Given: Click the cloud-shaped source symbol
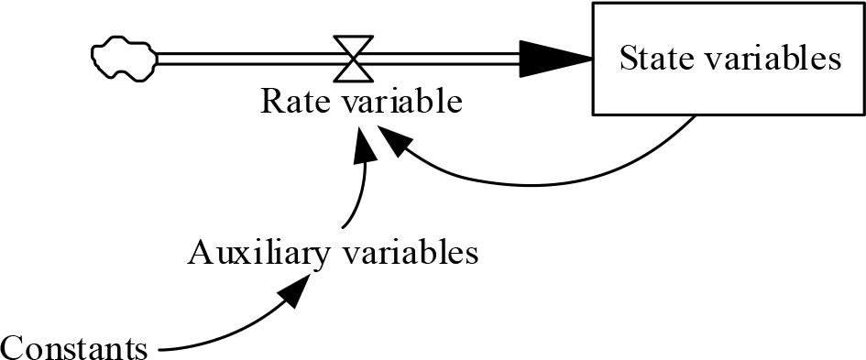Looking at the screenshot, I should (x=123, y=57).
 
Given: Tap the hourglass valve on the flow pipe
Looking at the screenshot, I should (x=354, y=58).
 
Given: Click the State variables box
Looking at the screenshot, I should (x=729, y=59).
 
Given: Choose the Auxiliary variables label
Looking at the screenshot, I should (x=333, y=251).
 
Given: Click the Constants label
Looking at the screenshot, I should (x=73, y=347).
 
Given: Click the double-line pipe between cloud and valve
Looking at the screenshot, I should (x=247, y=58).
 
